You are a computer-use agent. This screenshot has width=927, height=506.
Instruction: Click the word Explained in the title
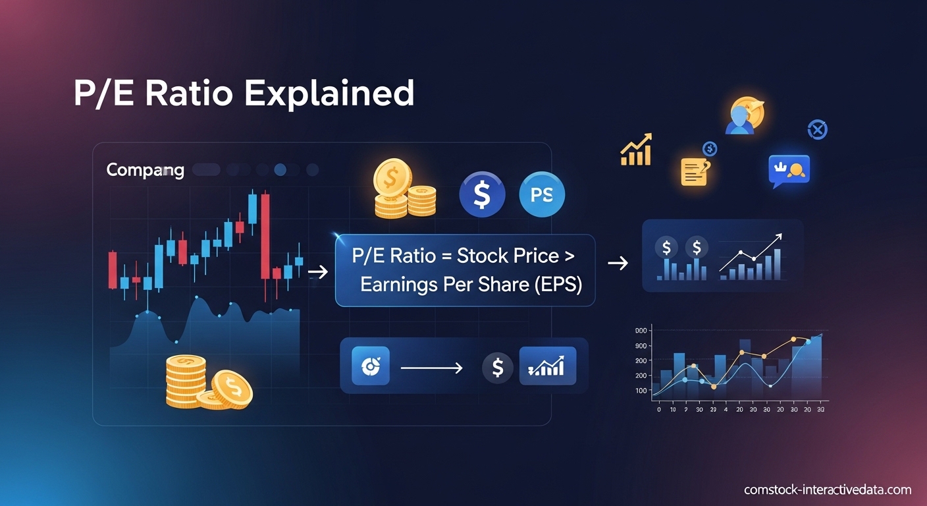[x=329, y=94]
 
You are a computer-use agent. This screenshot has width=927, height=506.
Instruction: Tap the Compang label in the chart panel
[x=145, y=170]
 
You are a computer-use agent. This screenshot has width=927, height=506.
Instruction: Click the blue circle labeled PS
[x=542, y=194]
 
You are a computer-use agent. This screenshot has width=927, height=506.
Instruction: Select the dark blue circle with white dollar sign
[x=482, y=194]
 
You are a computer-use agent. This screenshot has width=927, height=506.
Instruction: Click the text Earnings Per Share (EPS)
[x=471, y=285]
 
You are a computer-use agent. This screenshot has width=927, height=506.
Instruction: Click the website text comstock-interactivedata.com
[x=828, y=490]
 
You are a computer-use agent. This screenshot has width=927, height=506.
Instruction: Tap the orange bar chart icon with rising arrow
[x=636, y=150]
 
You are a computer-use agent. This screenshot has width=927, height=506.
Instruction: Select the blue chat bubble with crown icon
[x=789, y=170]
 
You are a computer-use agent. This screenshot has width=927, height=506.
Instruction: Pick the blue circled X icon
[x=817, y=130]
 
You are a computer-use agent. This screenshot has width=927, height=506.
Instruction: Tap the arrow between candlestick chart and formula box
[x=318, y=272]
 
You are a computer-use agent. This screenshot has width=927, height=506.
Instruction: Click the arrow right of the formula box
[x=618, y=264]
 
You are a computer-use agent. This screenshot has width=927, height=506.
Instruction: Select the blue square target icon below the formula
[x=371, y=366]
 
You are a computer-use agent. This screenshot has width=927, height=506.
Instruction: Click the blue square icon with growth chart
[x=547, y=366]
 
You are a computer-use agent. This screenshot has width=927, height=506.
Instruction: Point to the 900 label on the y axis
[x=641, y=346]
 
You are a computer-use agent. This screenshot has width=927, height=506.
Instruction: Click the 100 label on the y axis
[x=641, y=391]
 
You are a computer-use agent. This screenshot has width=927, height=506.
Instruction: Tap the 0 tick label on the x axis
[x=659, y=409]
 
